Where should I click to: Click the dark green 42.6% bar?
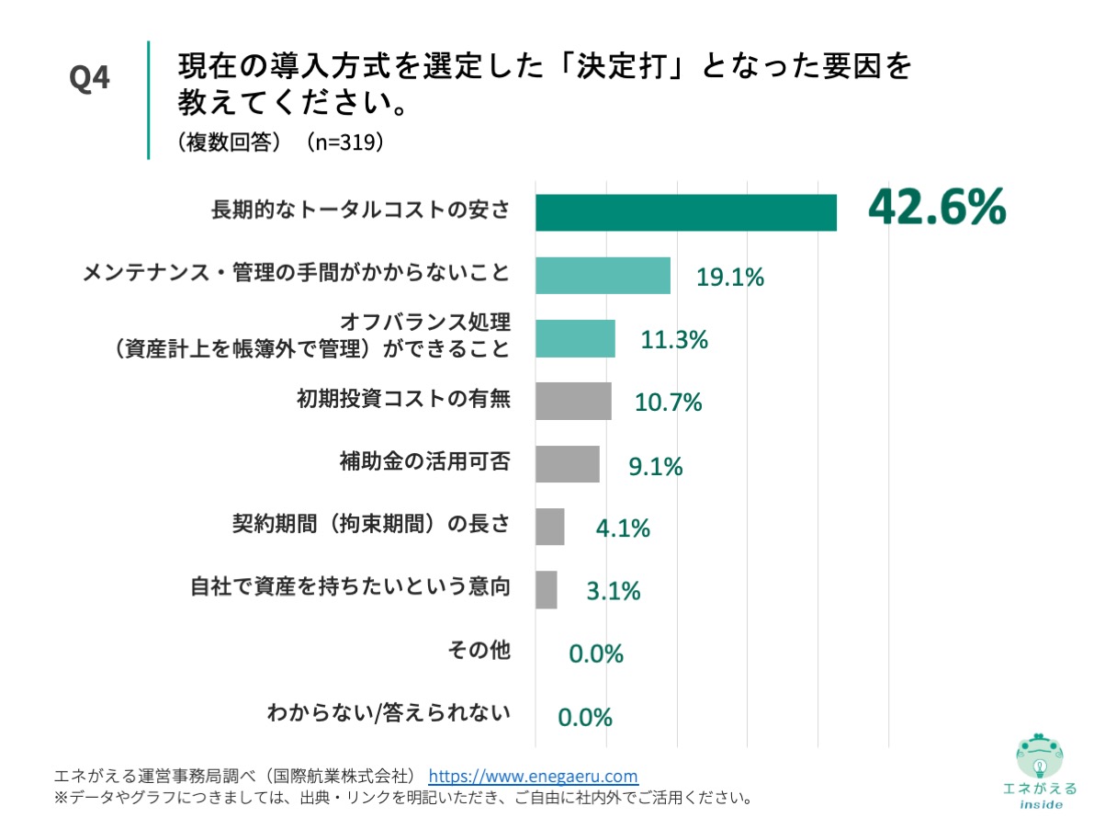(x=685, y=212)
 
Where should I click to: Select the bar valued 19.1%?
(x=603, y=276)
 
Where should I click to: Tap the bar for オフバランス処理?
(x=575, y=338)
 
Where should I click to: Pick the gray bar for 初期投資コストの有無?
(x=573, y=401)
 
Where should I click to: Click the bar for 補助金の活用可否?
(x=567, y=464)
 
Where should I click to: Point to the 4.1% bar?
(x=549, y=527)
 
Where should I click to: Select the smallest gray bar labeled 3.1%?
(x=546, y=590)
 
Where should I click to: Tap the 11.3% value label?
(x=674, y=339)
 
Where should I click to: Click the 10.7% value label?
(x=669, y=402)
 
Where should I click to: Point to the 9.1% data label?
(x=656, y=466)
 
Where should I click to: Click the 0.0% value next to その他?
(x=596, y=653)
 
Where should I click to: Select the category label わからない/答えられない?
(x=388, y=712)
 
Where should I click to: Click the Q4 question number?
(x=90, y=79)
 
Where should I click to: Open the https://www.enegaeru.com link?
(x=533, y=776)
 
